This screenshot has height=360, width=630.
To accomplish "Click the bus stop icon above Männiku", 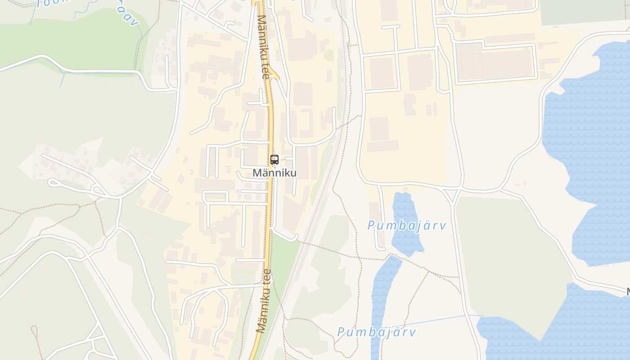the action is click(274, 159).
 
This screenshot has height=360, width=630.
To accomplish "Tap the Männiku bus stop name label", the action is click(274, 173).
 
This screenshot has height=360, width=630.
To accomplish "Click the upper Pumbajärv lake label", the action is click(406, 225).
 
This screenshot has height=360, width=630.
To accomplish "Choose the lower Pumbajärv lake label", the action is click(376, 333).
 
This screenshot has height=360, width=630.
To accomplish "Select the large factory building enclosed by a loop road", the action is click(495, 63).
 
